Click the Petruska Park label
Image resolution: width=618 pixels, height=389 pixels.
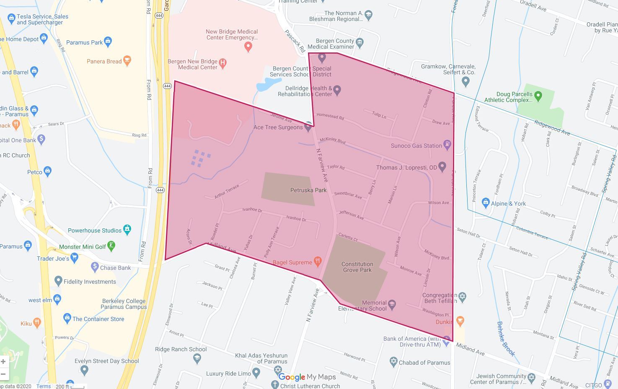(x=308, y=190)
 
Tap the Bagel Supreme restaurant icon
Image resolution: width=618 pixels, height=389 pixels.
(x=318, y=262)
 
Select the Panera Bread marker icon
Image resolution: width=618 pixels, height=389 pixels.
(x=127, y=61)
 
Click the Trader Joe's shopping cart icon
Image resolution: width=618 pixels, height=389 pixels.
(x=74, y=257)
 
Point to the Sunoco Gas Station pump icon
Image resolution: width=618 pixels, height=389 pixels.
(x=447, y=145)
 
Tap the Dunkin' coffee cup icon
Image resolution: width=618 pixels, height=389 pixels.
(x=460, y=321)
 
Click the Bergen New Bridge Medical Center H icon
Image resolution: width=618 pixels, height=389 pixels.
(x=223, y=63)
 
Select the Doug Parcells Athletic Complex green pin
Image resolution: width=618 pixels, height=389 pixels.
(x=538, y=96)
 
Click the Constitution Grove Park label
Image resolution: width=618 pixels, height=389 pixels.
(x=357, y=267)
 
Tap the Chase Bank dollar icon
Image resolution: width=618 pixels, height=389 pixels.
(x=95, y=266)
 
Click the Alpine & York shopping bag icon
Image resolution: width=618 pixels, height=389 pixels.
(x=486, y=203)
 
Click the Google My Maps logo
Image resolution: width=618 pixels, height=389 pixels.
(x=306, y=377)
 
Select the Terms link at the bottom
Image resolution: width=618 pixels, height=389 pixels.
(x=43, y=386)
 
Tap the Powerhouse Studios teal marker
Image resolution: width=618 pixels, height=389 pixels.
(x=127, y=229)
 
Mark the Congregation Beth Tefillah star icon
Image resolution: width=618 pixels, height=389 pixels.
(x=462, y=297)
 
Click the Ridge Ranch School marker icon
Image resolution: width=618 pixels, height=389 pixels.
(x=197, y=358)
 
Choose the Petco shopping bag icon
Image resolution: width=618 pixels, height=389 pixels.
(x=47, y=171)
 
